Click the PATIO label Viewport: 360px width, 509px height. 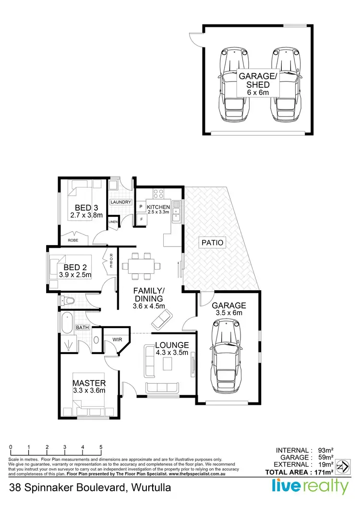213,243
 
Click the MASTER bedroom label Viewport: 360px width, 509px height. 89,383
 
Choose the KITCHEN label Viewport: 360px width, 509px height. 158,207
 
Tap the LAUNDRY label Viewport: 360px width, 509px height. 120,202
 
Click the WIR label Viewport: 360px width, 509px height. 118,339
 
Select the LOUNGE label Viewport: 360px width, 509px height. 171,345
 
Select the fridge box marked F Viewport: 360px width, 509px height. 142,219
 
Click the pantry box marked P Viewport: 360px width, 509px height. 142,207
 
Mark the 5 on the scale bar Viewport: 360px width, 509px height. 101,447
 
